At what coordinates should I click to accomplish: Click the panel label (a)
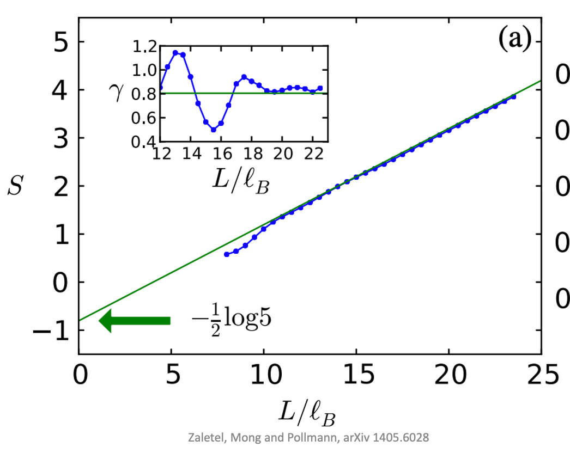point(515,39)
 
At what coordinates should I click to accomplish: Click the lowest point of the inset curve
point(214,130)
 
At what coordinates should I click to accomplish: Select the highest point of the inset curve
point(175,53)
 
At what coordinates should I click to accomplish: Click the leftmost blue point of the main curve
point(227,254)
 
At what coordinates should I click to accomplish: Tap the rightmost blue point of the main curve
point(513,96)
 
